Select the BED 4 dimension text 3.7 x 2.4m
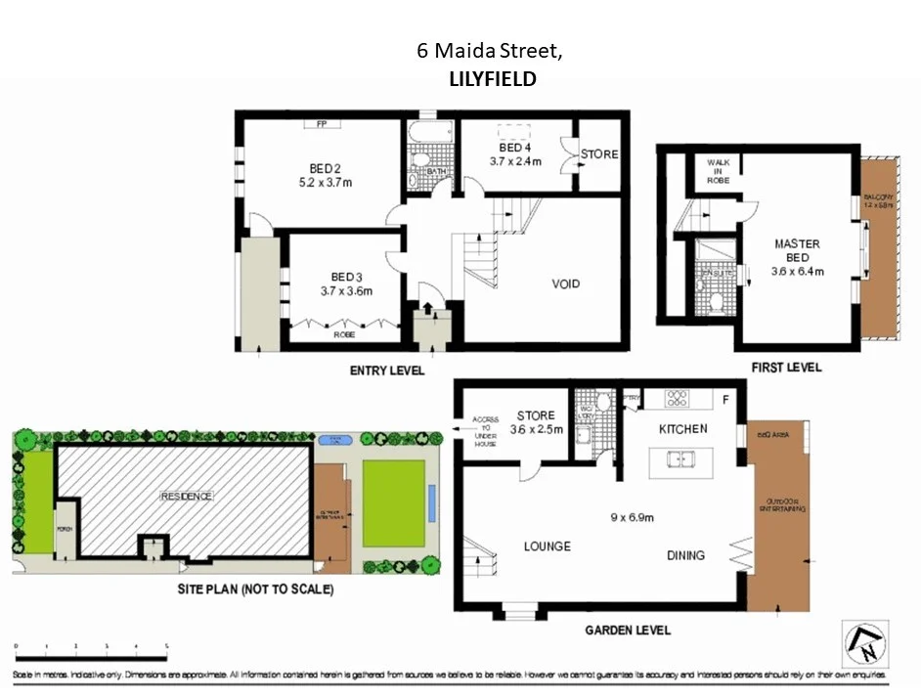[515, 162]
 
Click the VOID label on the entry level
[565, 284]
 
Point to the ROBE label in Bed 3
[344, 334]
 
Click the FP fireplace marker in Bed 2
[321, 124]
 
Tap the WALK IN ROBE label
[719, 172]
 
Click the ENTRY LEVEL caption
[387, 371]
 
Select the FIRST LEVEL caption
[786, 368]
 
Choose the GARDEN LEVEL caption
[627, 631]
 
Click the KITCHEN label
[682, 429]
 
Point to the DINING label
[685, 555]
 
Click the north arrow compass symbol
[863, 644]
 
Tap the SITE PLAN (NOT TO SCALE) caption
[255, 589]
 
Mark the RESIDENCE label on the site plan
[186, 497]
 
